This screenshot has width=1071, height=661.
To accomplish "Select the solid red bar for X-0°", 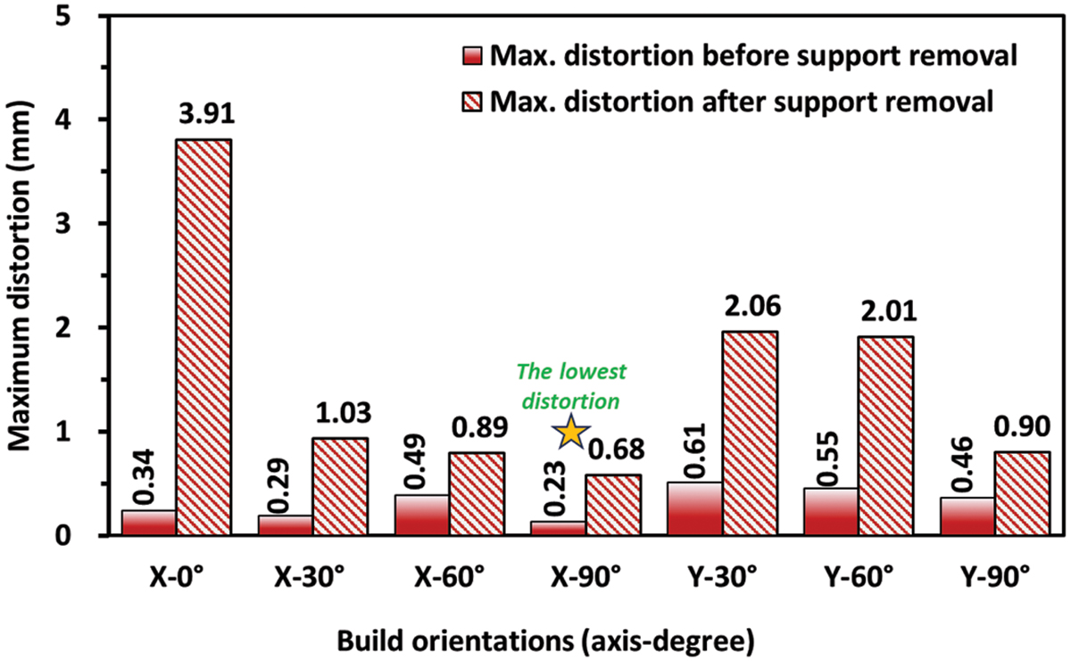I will coord(148,523).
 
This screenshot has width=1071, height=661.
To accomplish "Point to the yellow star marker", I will coord(571,433).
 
